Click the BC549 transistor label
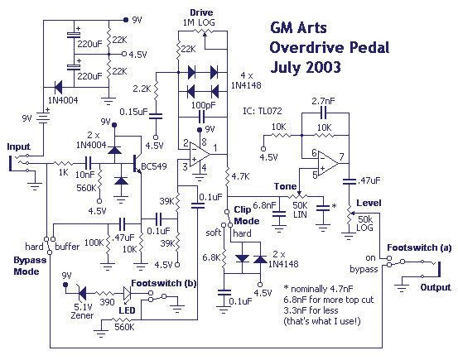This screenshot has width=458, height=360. (x=154, y=166)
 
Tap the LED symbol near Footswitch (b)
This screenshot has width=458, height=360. (x=127, y=293)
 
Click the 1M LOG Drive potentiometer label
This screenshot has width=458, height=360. (x=199, y=22)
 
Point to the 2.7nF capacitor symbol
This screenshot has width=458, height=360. (x=323, y=113)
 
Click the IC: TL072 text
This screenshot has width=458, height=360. (x=263, y=111)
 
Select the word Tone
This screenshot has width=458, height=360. (x=285, y=186)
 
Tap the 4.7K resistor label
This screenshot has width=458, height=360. (x=240, y=176)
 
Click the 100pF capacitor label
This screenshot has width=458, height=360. (x=203, y=105)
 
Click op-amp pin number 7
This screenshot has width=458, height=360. (x=341, y=156)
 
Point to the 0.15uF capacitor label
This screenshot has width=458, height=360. (x=134, y=112)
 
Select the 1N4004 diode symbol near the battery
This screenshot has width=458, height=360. (x=58, y=87)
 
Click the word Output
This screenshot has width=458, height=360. (x=436, y=287)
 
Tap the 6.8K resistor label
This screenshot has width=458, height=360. (x=211, y=257)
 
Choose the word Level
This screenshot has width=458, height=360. (x=369, y=203)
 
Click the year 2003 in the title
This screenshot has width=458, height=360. (x=323, y=67)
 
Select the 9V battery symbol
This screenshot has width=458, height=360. (x=43, y=118)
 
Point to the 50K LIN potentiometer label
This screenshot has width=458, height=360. (x=300, y=209)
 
